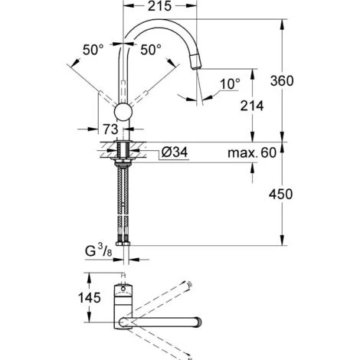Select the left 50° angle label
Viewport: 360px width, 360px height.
click(x=93, y=50)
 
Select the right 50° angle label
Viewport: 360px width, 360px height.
click(x=152, y=50)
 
